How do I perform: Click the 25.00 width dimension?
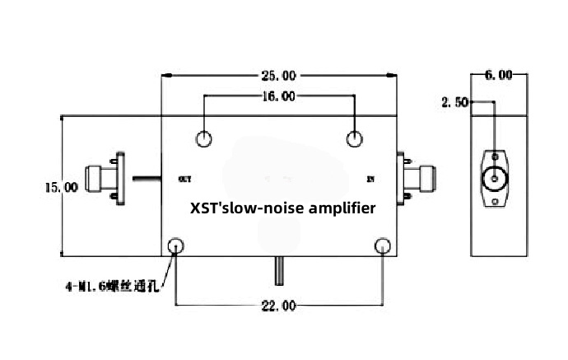279,76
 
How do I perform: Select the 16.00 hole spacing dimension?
278,96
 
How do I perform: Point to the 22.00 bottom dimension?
278,306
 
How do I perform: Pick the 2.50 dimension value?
454,103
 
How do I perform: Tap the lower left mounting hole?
176,245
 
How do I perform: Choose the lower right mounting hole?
383,245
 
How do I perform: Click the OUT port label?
184,178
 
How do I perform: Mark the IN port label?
370,178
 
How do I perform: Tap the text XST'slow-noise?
243,208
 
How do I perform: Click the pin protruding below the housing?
280,268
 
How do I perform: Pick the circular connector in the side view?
495,177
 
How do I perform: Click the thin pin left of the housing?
145,177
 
